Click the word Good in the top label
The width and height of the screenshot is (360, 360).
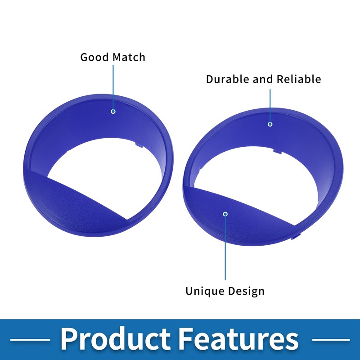(x=94, y=58)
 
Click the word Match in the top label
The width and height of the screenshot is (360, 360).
(x=129, y=57)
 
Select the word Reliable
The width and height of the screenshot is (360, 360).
(x=298, y=79)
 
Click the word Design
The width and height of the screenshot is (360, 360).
(x=246, y=291)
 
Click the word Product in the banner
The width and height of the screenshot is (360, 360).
(x=116, y=339)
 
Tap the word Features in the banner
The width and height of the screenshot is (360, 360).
(x=238, y=339)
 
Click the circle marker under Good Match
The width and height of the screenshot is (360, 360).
(x=113, y=112)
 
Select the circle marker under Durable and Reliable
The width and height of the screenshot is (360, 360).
(x=270, y=124)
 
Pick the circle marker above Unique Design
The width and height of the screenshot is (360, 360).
(x=225, y=214)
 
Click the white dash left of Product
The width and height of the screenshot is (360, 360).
(x=30, y=340)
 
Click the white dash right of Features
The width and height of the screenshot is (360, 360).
(x=331, y=340)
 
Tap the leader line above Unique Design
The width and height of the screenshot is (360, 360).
(x=225, y=248)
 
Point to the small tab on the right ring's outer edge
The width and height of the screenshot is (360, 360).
(x=296, y=237)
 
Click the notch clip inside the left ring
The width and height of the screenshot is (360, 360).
(x=139, y=144)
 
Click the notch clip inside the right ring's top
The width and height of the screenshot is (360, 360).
(x=278, y=151)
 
